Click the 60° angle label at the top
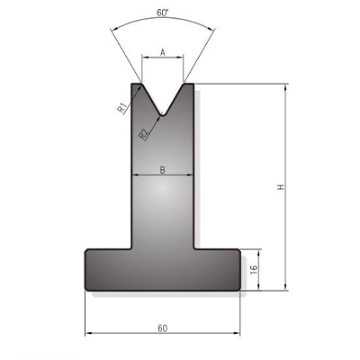tap(162, 13)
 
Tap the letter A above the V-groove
tap(163, 53)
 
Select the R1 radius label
tap(121, 108)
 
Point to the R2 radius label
tap(143, 134)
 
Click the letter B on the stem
tap(162, 170)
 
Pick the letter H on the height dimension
tap(281, 187)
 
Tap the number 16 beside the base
tap(254, 269)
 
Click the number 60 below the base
tap(162, 328)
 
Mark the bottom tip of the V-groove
tap(162, 115)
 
